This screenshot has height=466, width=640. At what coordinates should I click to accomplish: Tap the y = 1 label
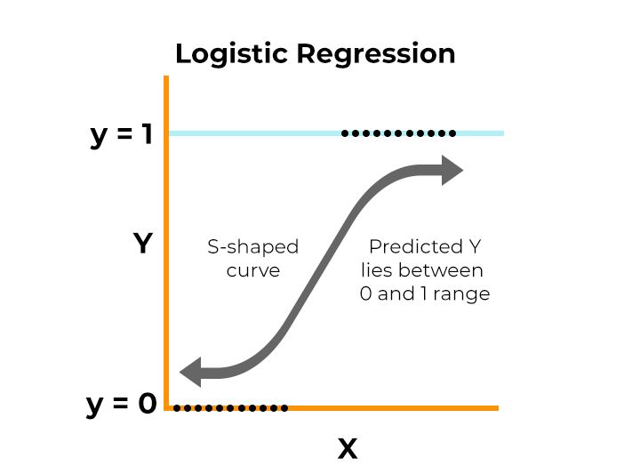click(x=124, y=134)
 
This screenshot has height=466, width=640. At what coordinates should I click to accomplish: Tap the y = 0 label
click(x=122, y=405)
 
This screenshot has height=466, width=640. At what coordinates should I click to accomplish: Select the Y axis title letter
click(x=143, y=244)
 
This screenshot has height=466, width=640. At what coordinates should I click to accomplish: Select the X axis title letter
click(x=348, y=448)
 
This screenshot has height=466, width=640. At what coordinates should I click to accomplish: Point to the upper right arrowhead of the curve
click(x=452, y=169)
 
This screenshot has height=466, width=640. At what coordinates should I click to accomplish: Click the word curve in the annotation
click(x=253, y=269)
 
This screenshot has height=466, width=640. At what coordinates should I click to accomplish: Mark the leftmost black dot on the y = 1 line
click(x=345, y=133)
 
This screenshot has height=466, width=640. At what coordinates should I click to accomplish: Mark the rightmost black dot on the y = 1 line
click(x=452, y=133)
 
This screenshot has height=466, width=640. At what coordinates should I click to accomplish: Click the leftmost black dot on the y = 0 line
click(x=177, y=408)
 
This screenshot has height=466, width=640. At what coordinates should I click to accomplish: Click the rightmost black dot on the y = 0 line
click(x=284, y=408)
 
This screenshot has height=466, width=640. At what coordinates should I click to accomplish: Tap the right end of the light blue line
click(x=502, y=133)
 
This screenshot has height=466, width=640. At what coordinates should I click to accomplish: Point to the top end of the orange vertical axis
click(x=166, y=79)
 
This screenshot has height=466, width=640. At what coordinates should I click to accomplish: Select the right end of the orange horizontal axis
click(x=497, y=408)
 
